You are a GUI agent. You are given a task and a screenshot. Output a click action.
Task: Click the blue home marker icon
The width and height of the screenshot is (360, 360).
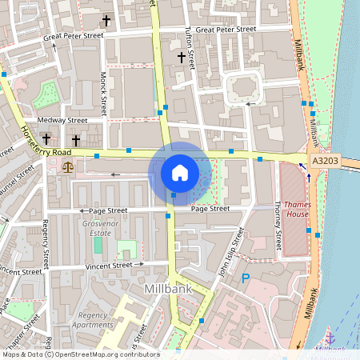tap(179, 173)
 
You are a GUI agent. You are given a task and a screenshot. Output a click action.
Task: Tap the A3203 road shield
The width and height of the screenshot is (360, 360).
tap(326, 161)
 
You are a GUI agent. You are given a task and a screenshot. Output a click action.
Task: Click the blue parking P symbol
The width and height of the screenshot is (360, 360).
tap(246, 278)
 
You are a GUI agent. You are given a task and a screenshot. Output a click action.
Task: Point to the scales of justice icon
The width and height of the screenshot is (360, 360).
tap(67, 167)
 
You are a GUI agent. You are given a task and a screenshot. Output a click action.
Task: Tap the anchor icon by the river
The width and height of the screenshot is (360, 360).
tap(329, 337)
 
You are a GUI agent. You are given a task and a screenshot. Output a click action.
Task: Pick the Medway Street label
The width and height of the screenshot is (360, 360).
tap(66, 121)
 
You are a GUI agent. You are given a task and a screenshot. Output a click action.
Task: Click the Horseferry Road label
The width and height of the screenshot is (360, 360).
tap(46, 141)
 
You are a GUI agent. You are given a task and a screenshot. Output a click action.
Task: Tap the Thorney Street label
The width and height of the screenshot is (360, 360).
tap(278, 224)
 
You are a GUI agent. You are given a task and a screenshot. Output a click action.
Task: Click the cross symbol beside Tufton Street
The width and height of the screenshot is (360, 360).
tap(181, 58)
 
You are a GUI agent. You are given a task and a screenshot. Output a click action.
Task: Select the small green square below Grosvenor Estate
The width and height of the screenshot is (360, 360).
tap(126, 249)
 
